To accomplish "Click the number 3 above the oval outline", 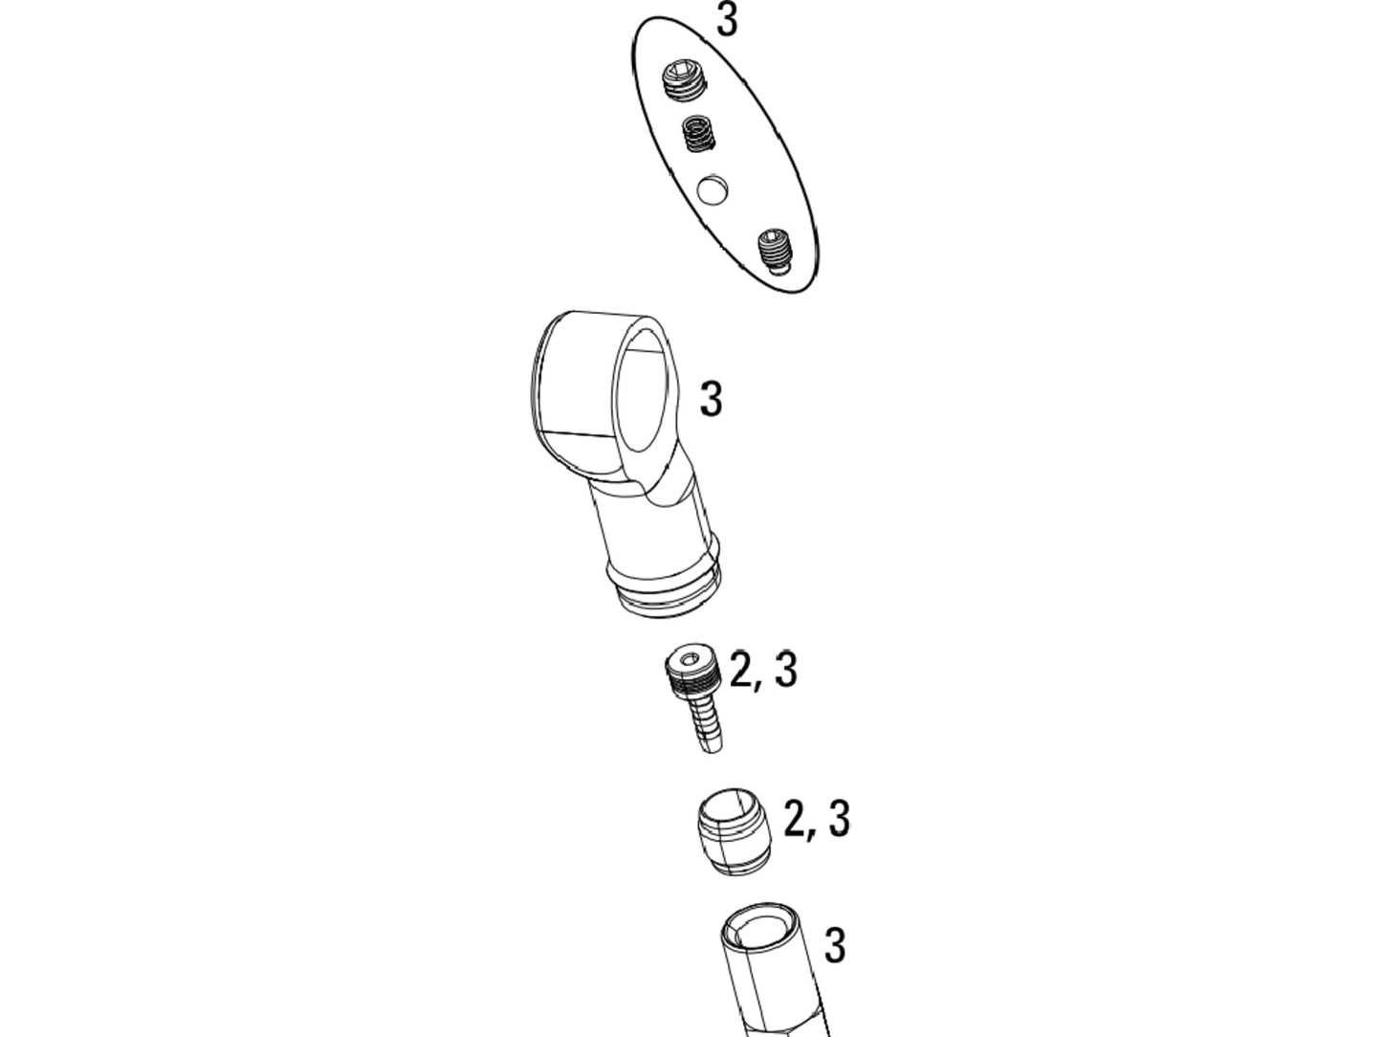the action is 727,19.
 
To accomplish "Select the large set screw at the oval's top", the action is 683,82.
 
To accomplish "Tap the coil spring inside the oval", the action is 699,134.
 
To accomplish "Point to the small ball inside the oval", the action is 713,189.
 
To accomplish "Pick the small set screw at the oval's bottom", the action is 775,251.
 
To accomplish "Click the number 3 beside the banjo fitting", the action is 712,398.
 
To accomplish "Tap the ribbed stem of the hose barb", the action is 703,724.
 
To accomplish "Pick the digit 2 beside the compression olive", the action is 795,819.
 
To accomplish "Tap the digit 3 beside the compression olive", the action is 840,819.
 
